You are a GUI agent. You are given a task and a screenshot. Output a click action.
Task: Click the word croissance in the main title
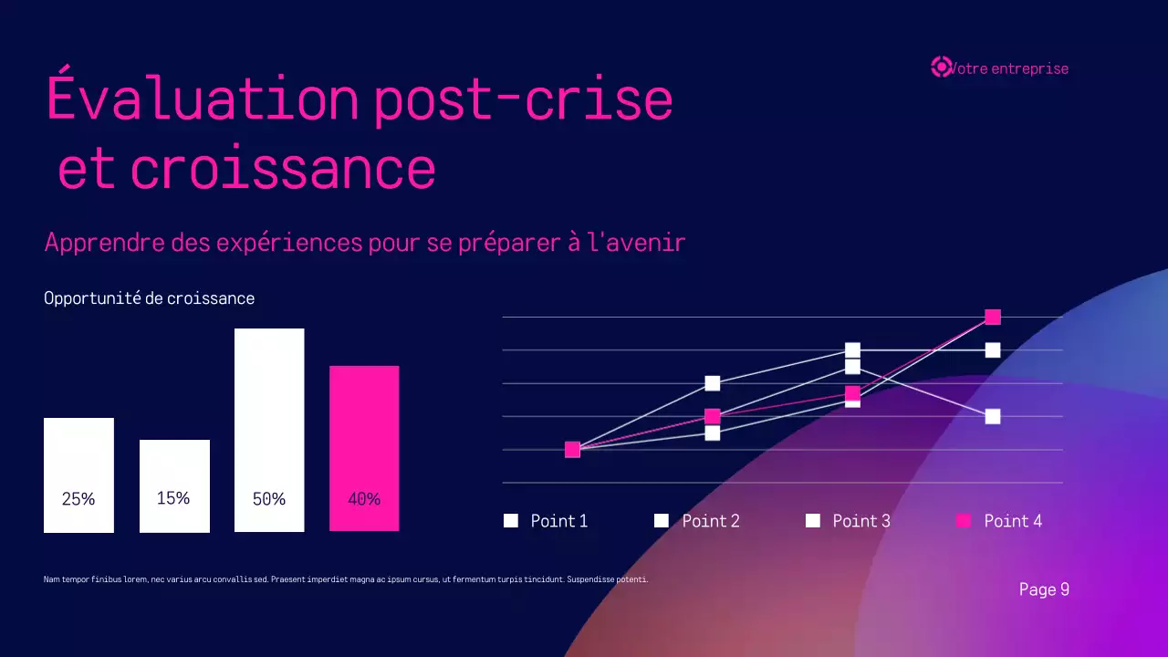283,169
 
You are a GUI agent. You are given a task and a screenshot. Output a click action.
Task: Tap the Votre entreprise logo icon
940,67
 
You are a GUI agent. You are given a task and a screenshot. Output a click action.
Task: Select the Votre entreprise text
1009,68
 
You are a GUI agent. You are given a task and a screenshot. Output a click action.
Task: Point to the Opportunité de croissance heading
149,298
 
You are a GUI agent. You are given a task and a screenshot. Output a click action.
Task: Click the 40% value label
364,499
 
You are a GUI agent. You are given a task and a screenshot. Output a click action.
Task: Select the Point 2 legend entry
697,521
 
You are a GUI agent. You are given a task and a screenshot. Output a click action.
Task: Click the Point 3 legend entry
848,521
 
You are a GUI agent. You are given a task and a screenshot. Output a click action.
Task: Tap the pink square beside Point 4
964,520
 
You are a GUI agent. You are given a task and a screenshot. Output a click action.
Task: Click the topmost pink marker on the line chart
993,317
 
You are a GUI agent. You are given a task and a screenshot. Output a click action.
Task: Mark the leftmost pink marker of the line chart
572,449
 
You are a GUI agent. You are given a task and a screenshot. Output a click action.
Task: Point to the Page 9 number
1044,589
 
